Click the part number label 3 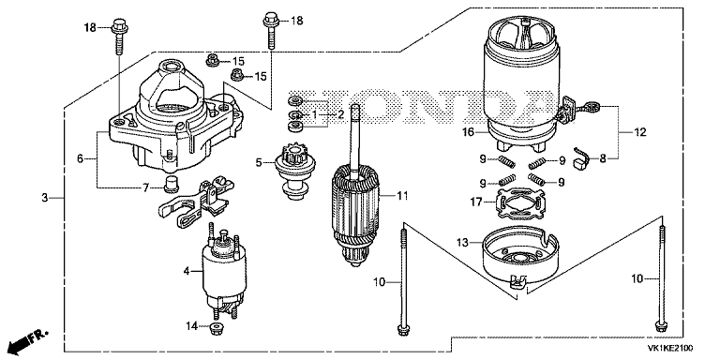(44, 198)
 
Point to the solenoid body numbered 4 (224, 271)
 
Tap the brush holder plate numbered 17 (519, 203)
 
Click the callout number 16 (468, 133)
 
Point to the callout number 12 (640, 133)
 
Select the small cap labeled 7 (172, 183)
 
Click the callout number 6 (81, 158)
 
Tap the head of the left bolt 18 (119, 24)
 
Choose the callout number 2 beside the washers (340, 114)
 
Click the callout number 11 (402, 196)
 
